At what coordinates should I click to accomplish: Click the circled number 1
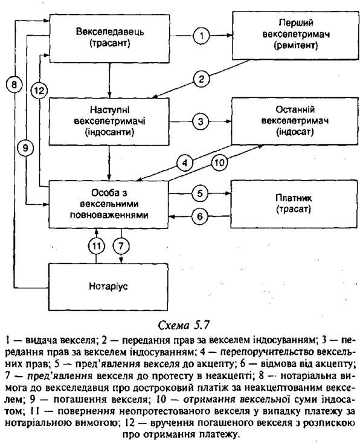coord(202,36)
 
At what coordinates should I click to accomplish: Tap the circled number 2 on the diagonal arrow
coord(202,79)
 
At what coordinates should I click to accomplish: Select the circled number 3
coord(201,121)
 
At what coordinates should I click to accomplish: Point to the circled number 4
coord(185,163)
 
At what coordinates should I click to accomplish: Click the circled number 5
coord(200,193)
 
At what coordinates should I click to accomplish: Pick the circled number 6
coord(200,216)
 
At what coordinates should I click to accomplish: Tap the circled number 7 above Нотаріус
coord(121,246)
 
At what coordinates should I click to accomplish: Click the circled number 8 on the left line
coord(13,85)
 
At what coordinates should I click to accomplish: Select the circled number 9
coord(25,148)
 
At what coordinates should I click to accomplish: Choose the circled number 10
coord(220,163)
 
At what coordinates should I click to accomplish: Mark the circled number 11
coord(97,246)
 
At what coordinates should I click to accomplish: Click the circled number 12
coord(39,91)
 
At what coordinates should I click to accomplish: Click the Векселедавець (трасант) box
coord(109,39)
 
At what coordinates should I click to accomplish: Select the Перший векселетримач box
coord(295,36)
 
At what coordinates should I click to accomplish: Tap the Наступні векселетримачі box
coord(109,121)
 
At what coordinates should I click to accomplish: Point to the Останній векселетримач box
coord(295,121)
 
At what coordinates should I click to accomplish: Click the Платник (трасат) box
coord(294,204)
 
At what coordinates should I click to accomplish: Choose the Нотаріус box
coord(109,287)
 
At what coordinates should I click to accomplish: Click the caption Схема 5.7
coord(184,326)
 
